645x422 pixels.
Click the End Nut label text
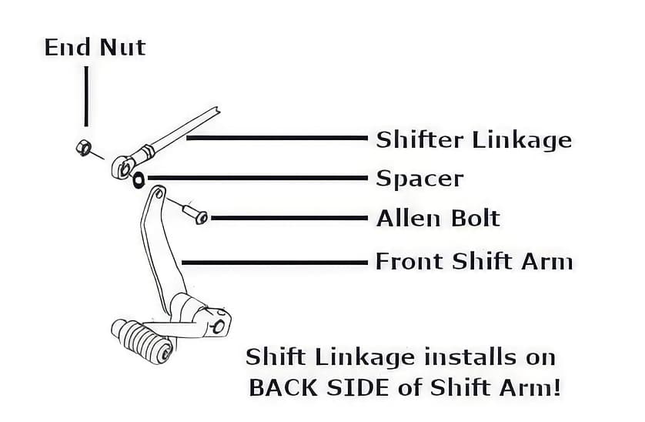95,47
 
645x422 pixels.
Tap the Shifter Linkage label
473,140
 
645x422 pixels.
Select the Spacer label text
419,179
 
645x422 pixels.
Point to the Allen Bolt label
438,219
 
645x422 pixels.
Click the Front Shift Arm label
473,262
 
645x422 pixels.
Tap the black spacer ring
139,180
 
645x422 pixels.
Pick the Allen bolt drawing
195,213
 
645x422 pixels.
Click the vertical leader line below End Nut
85,96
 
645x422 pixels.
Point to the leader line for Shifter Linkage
277,139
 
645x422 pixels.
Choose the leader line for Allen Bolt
289,219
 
